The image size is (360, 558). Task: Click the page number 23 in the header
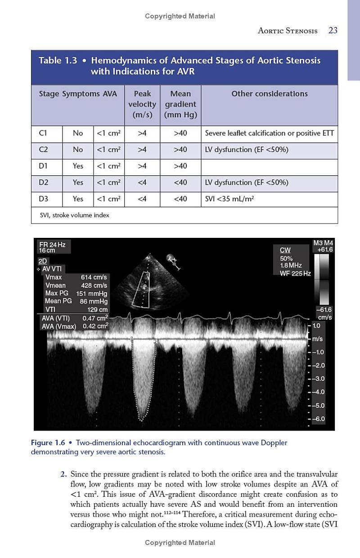coord(333,31)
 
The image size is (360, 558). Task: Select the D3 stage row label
coord(44,199)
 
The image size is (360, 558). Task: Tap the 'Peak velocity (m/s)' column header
coord(142,104)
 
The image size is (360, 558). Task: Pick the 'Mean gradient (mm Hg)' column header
coord(180,104)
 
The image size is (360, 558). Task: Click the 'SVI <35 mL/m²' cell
coord(227,199)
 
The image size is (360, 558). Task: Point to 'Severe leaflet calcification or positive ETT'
coord(270,133)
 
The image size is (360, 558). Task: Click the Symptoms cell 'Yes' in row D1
coord(78,166)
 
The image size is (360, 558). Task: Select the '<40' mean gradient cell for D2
coord(180,183)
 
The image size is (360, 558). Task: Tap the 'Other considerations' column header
coord(270,94)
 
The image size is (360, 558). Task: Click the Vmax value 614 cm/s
coord(94,277)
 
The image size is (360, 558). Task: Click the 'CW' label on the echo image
coord(285,250)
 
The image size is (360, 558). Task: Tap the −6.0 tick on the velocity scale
coord(318,419)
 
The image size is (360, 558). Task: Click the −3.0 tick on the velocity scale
coord(318,379)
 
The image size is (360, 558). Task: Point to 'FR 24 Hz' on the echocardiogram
coord(52,245)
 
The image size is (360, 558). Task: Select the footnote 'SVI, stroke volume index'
coord(74,215)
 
